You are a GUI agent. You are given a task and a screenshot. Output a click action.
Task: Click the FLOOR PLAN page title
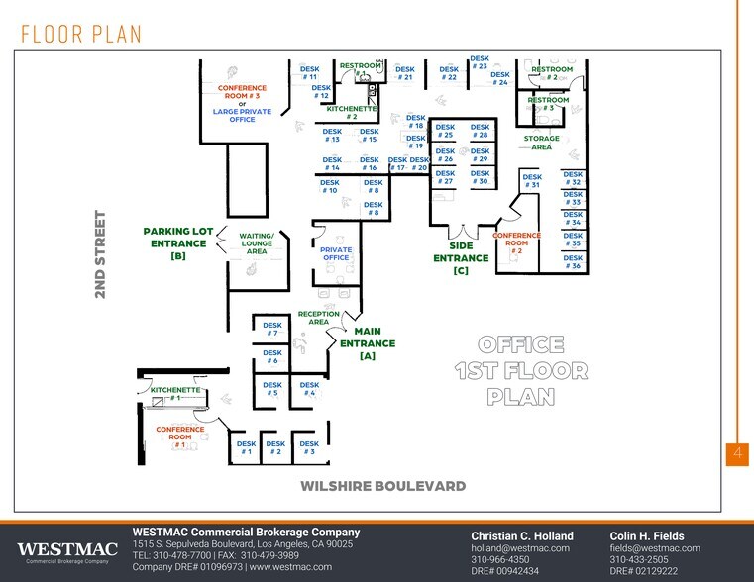click(81, 33)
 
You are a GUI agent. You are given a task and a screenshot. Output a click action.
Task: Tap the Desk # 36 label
click(572, 261)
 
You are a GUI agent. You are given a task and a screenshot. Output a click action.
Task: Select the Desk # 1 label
click(246, 448)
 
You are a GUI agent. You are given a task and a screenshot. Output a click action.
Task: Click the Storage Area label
click(541, 143)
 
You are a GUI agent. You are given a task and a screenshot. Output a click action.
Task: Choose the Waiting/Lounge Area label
click(257, 243)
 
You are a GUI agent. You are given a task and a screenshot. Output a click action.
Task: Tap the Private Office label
click(336, 254)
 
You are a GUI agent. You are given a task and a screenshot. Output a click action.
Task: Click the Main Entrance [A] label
click(368, 343)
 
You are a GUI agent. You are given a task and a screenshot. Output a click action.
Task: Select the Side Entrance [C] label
click(461, 257)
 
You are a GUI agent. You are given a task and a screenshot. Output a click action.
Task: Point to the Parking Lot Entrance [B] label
click(178, 242)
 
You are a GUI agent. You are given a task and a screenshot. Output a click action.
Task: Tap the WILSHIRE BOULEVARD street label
click(382, 486)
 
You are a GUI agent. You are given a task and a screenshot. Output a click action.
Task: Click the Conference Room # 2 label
click(516, 242)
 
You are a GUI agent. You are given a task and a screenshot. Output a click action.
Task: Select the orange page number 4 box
click(738, 453)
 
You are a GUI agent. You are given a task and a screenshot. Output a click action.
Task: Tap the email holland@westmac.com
click(519, 547)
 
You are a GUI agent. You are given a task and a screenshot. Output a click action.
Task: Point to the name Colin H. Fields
click(646, 535)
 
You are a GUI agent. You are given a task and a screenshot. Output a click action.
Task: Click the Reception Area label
click(318, 318)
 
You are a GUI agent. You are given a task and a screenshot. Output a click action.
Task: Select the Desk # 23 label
click(480, 62)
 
